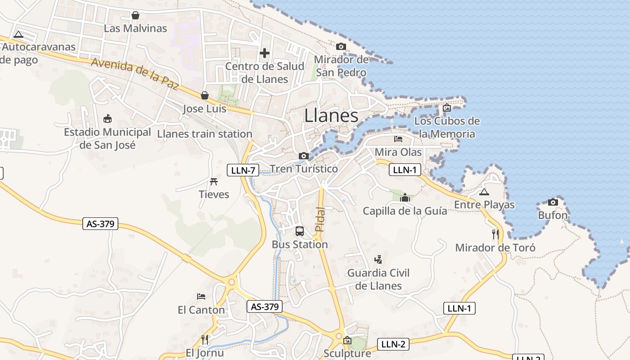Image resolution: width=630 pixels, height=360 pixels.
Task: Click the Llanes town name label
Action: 331,116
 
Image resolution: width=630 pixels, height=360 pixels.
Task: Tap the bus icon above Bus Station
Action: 300,231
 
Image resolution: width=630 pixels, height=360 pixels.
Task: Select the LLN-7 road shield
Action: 243,170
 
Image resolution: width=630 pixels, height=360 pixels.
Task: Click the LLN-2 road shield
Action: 393,344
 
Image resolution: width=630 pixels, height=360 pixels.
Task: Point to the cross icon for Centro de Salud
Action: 265,53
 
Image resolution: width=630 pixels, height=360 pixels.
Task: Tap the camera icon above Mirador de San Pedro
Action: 341,46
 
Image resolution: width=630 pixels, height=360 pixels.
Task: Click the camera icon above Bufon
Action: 553,202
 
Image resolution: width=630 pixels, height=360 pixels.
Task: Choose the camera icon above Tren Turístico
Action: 304,156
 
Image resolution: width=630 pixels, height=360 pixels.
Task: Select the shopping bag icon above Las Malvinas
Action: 135,16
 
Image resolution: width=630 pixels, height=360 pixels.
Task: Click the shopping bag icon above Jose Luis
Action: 205,95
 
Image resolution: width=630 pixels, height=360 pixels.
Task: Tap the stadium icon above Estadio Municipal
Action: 108,119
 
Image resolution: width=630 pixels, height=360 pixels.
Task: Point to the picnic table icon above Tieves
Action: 214,181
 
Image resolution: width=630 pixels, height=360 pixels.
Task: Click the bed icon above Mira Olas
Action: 398,139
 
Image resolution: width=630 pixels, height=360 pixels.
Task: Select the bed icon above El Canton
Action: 201,297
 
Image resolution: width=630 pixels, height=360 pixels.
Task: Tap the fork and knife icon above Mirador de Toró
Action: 495,234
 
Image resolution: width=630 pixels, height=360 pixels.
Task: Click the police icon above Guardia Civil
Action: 378,259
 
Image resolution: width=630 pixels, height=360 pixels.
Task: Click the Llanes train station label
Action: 205,134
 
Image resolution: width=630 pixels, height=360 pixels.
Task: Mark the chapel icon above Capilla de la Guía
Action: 405,198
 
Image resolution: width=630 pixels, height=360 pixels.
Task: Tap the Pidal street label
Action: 319,219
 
